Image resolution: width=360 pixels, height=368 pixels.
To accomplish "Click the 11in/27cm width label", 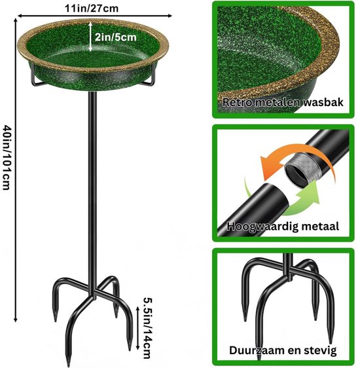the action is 92,9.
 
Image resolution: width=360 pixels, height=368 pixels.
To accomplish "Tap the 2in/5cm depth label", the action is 116,37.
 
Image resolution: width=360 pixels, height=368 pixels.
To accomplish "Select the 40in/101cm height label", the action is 7,157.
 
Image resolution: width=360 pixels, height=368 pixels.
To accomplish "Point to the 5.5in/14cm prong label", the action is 148,328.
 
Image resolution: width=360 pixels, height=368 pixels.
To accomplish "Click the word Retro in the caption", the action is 237,102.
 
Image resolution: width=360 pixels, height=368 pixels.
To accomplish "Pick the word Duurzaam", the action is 257,350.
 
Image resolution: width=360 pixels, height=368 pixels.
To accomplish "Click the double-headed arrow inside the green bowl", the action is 91,37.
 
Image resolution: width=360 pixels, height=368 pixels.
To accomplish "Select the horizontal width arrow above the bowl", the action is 95,16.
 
